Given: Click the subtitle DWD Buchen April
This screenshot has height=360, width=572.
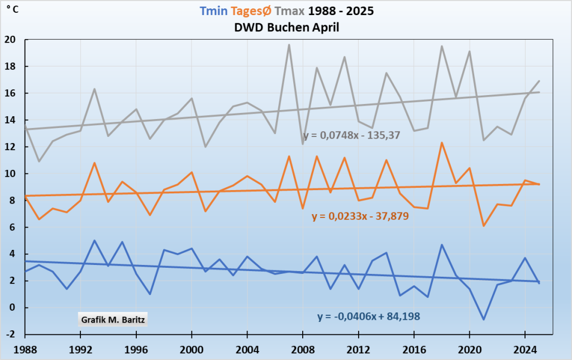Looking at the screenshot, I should pyautogui.click(x=286, y=27).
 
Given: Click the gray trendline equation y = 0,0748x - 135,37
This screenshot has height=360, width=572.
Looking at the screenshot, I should pyautogui.click(x=352, y=136).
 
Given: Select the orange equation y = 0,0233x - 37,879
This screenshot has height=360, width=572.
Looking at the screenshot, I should pyautogui.click(x=360, y=216).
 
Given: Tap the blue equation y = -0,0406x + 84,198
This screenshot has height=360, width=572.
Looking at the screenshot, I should pyautogui.click(x=369, y=316).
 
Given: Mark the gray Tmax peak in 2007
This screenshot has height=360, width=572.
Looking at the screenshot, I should pyautogui.click(x=289, y=45).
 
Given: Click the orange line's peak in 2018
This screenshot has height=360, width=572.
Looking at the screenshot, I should pyautogui.click(x=442, y=143).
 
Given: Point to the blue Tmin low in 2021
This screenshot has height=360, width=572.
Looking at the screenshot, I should pyautogui.click(x=483, y=319).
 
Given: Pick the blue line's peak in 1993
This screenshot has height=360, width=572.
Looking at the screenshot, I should pyautogui.click(x=94, y=240).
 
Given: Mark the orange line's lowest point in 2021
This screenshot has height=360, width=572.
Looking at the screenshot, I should pyautogui.click(x=483, y=226).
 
